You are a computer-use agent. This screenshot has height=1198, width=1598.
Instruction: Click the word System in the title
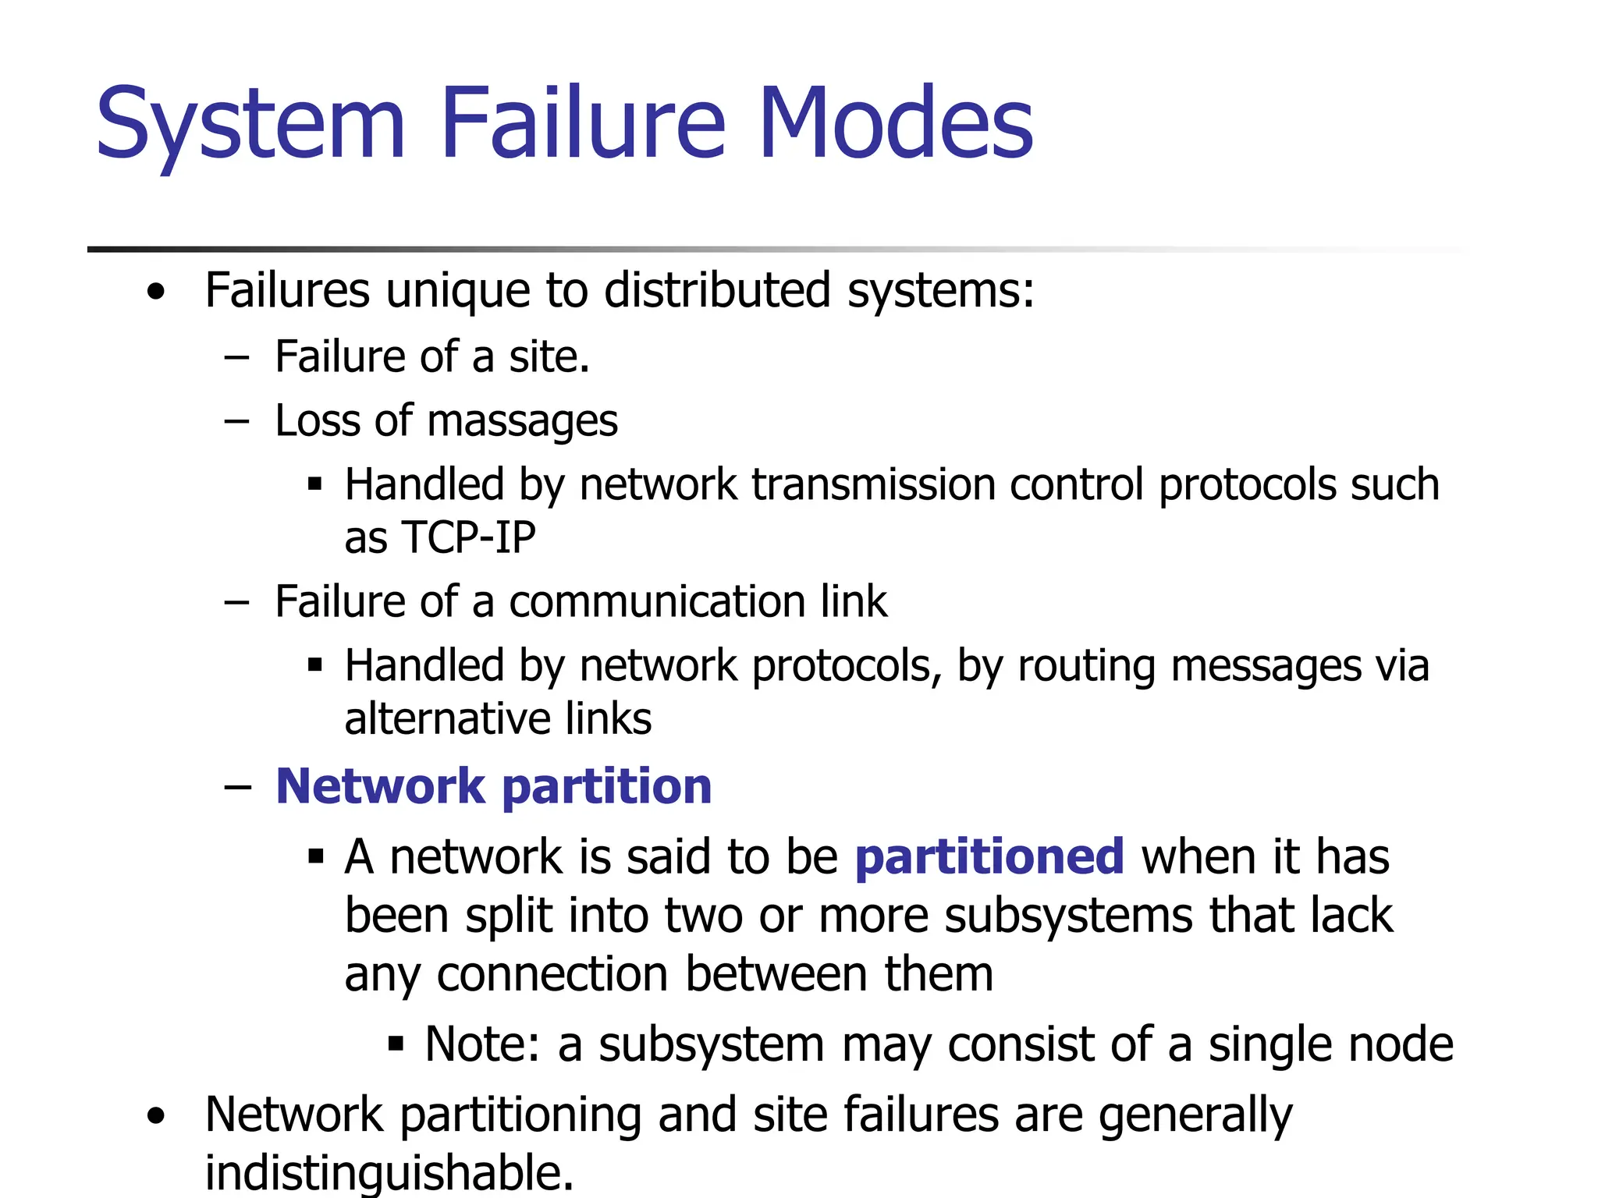pos(250,125)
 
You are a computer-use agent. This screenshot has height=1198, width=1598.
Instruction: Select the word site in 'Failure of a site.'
pos(549,357)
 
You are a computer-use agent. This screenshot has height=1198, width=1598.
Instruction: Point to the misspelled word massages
pos(523,422)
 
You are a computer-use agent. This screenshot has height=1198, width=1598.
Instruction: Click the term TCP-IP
pos(468,537)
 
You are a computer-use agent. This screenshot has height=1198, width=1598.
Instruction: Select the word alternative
pos(446,718)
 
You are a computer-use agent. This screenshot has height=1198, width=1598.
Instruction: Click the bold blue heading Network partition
pos(493,785)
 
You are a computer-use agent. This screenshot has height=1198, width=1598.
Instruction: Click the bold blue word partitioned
pos(989,856)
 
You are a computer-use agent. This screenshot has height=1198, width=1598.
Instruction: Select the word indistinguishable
pos(389,1171)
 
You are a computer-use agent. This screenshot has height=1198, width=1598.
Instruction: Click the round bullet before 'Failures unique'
pos(157,292)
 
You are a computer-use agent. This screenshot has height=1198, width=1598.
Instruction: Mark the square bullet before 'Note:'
pos(396,1043)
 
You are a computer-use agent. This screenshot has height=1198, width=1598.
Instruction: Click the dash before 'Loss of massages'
pos(236,422)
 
